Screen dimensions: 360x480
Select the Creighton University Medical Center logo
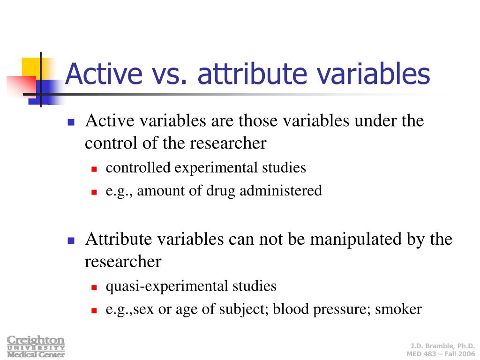[x=36, y=346]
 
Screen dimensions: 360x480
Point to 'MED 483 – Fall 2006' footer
[x=440, y=353]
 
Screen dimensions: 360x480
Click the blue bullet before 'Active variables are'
[x=71, y=122]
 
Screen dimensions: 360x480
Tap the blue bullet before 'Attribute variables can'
[x=71, y=240]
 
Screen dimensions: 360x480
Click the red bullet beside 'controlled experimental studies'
[x=94, y=169]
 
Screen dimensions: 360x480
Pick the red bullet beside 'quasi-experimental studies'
[x=94, y=287]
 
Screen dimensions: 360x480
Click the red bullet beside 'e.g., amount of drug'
[x=94, y=192]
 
